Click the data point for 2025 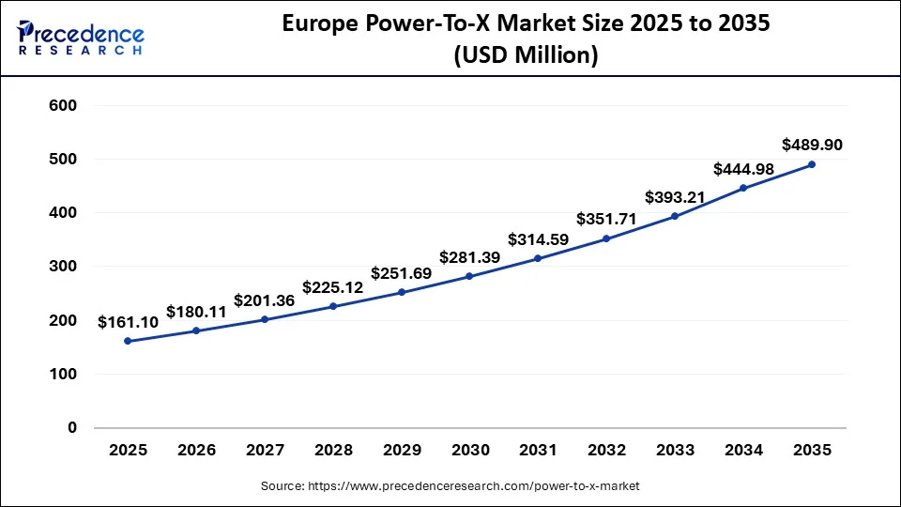click(128, 341)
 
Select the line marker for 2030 click(469, 276)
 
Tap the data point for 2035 click(812, 164)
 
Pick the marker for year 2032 click(606, 238)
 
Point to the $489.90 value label click(812, 145)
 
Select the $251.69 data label click(402, 273)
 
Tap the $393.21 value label click(675, 197)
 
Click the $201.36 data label click(264, 300)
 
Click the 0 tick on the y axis click(71, 428)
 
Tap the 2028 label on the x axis click(332, 451)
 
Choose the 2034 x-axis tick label click(743, 451)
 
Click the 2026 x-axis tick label click(195, 451)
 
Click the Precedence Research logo click(81, 38)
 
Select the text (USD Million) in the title click(526, 55)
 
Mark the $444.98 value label click(743, 169)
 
